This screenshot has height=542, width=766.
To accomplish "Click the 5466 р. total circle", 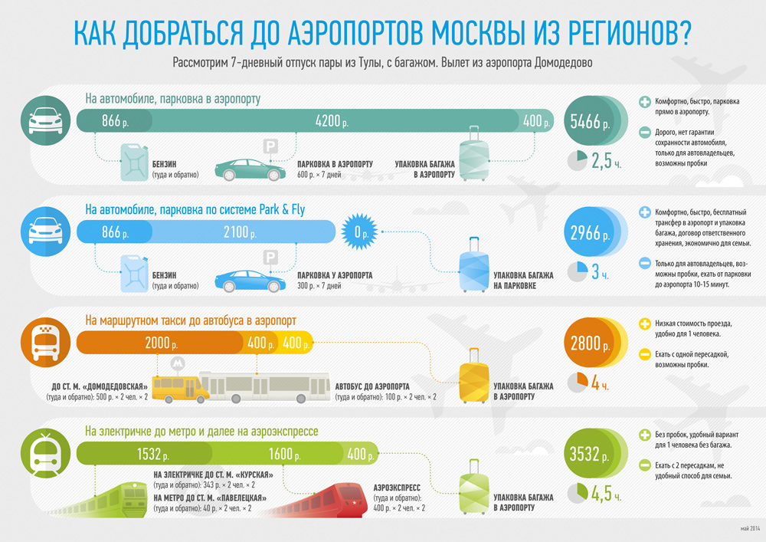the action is pos(590,120).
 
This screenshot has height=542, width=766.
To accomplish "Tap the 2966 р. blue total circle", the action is pos(590,232).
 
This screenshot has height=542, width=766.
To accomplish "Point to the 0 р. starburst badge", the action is pos(359,232).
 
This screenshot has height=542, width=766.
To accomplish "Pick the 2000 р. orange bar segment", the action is pos(160,343).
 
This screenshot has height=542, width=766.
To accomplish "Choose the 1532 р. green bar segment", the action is pos(145,454).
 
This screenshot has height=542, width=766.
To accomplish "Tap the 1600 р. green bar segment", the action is pos(279,454).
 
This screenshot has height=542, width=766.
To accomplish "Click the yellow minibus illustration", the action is pos(180,389).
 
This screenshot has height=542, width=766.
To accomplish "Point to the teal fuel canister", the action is pos(134,163).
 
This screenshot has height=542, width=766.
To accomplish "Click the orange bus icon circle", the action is pos(45,342).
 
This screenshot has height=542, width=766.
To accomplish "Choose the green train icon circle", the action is pos(45,453).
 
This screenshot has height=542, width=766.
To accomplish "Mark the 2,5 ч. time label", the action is pos(606,161).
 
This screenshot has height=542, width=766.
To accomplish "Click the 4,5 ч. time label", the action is pos(606,493).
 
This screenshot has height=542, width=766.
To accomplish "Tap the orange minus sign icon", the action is pos(645,354).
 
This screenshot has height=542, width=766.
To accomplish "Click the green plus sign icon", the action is pos(645,435).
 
